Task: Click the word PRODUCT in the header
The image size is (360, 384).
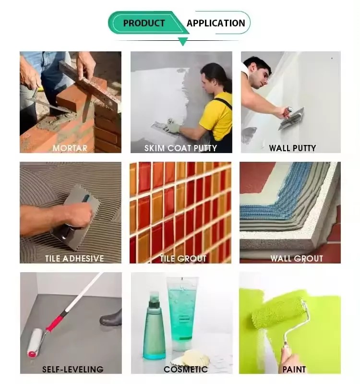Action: point(144,23)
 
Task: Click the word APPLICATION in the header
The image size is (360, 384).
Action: point(216,23)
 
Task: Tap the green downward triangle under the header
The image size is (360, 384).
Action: point(183,41)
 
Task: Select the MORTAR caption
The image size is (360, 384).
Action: point(70,148)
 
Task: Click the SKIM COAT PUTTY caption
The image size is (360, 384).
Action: point(181,148)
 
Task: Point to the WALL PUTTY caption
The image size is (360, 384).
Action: point(292,148)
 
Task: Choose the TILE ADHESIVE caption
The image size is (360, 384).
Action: point(74,259)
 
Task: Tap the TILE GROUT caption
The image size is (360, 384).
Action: point(183,259)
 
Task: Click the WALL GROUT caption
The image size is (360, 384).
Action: point(297,259)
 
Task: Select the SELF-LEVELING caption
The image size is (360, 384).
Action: point(73,369)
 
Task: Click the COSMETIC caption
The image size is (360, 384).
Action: point(186,369)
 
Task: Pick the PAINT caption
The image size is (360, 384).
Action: point(294,369)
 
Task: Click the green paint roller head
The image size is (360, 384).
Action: point(278,312)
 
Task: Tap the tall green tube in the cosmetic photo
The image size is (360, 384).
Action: point(182,314)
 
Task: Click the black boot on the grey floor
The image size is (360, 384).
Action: point(111,318)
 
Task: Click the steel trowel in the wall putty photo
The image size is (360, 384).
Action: point(291,119)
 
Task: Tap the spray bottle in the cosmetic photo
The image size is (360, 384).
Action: point(154,326)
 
